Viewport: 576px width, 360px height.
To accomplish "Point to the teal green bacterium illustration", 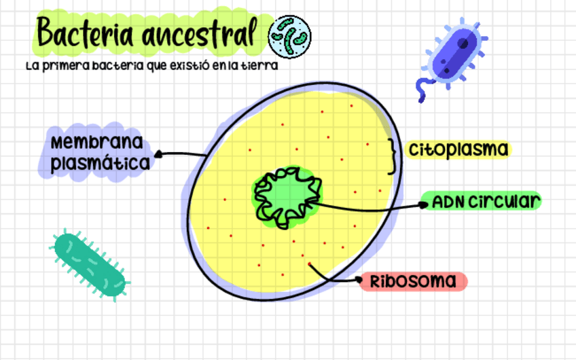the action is [91, 266].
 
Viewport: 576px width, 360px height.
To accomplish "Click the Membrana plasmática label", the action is [99, 154].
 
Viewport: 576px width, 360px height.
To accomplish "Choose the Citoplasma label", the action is [458, 149].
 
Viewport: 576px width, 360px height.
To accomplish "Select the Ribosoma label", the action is [414, 281].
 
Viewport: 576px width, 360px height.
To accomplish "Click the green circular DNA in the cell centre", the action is [285, 196].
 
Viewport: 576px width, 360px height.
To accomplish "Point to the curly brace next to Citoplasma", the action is [391, 156].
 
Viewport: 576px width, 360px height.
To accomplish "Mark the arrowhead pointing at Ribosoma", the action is [359, 279].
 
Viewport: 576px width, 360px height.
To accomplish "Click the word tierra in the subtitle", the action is [264, 67].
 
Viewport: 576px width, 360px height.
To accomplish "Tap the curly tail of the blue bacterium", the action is [422, 89].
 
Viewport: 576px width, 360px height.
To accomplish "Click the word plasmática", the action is [101, 163].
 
